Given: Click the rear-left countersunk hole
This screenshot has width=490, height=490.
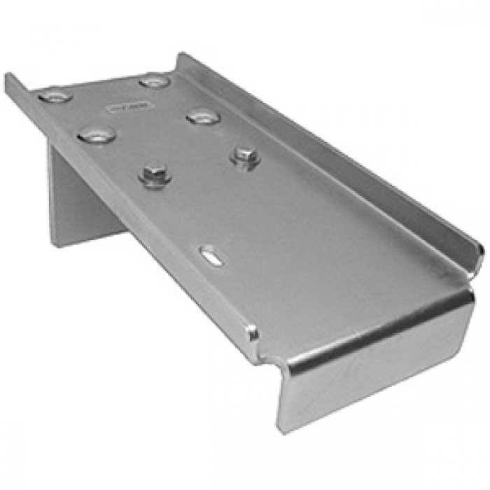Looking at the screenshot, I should click(x=55, y=95).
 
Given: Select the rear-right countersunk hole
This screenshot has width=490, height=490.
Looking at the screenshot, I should click(x=154, y=81).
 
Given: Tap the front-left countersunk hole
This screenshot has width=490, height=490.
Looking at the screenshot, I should click(x=97, y=134).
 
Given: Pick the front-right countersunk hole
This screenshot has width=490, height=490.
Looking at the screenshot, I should click(x=204, y=116).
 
